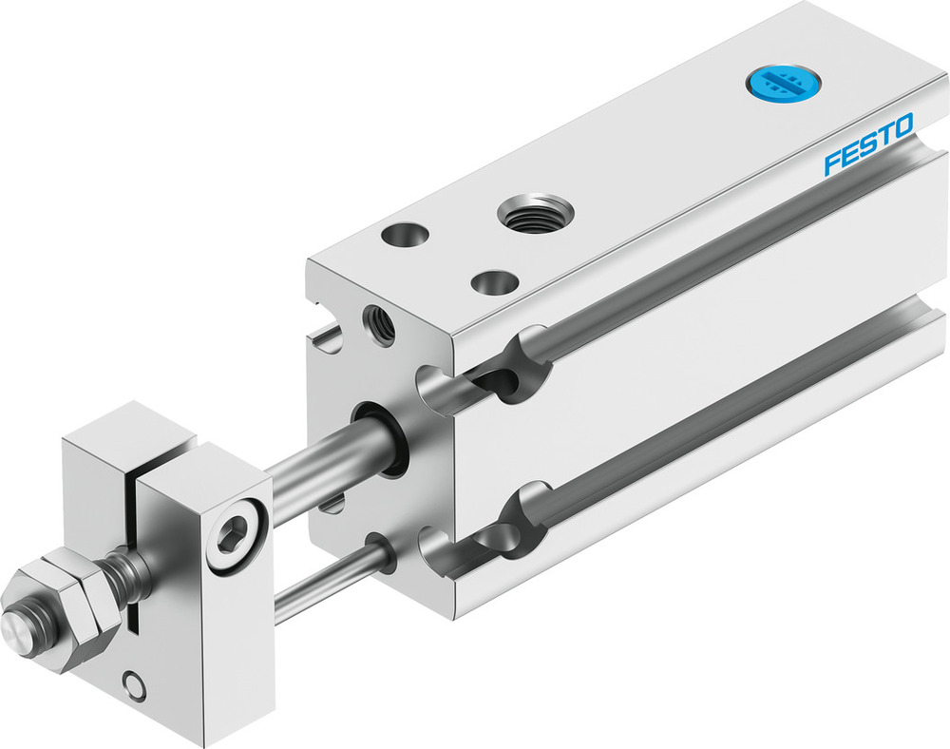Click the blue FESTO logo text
pos(868,144)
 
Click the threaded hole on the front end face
pos(378,325)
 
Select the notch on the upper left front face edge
pos(328,335)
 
